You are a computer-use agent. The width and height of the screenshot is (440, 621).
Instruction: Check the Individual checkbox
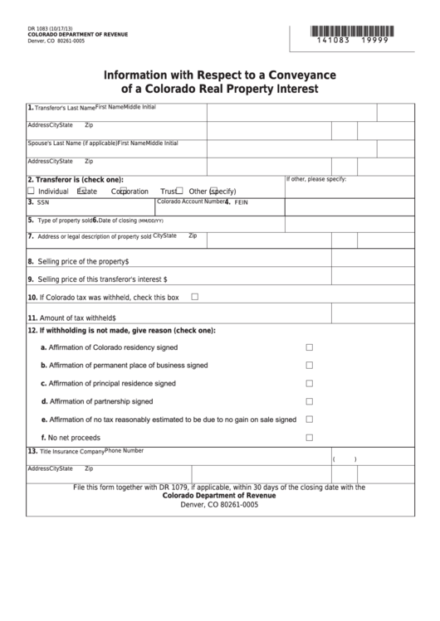pyautogui.click(x=32, y=191)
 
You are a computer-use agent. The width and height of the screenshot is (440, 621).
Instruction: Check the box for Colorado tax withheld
pyautogui.click(x=195, y=297)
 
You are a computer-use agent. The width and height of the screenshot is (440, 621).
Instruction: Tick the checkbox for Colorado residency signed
pyautogui.click(x=310, y=347)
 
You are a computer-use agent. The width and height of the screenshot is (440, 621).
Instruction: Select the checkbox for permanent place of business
pyautogui.click(x=310, y=366)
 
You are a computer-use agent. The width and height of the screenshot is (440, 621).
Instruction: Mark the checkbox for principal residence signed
pyautogui.click(x=310, y=384)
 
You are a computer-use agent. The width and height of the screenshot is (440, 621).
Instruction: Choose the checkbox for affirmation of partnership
pyautogui.click(x=310, y=401)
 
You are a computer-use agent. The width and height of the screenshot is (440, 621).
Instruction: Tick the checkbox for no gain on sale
pyautogui.click(x=310, y=420)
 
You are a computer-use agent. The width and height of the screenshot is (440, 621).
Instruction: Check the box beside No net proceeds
pyautogui.click(x=310, y=438)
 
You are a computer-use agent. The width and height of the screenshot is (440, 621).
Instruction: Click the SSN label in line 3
pyautogui.click(x=43, y=202)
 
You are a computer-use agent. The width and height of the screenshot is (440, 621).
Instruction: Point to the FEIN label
pyautogui.click(x=242, y=202)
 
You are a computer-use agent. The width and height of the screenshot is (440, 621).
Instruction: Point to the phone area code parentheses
pyautogui.click(x=344, y=459)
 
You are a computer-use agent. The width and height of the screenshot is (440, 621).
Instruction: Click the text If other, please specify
pyautogui.click(x=316, y=179)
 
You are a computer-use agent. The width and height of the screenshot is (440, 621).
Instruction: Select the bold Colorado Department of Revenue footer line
pyautogui.click(x=219, y=496)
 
